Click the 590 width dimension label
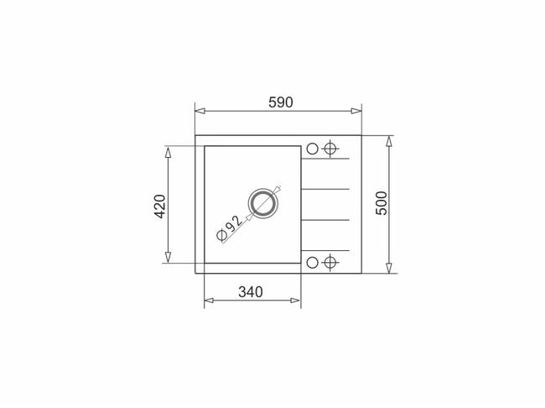281,102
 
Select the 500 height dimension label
381,203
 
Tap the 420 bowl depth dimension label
160,206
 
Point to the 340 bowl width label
251,291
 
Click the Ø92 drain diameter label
229,228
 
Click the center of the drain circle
263,203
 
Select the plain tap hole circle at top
312,149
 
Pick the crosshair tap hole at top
330,149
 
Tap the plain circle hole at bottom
312,262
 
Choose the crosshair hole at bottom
330,262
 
